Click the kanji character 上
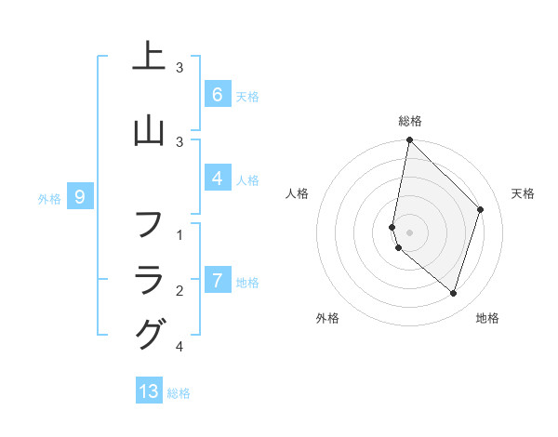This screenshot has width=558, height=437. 149,59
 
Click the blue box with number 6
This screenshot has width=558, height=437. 217,94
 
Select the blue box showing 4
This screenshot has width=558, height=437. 217,179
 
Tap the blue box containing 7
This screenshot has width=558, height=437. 217,280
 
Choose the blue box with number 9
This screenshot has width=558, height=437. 80,196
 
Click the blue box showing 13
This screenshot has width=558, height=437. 149,391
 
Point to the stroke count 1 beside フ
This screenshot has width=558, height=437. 180,235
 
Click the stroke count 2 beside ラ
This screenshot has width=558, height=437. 180,291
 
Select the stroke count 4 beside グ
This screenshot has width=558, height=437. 180,347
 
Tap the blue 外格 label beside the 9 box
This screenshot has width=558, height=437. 49,198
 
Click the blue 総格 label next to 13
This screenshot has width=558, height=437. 179,393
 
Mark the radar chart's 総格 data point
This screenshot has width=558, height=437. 409,139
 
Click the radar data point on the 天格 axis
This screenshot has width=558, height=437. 481,209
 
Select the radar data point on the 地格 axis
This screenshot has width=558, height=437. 453,293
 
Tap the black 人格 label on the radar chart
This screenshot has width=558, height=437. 297,193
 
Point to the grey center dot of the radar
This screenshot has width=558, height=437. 409,232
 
